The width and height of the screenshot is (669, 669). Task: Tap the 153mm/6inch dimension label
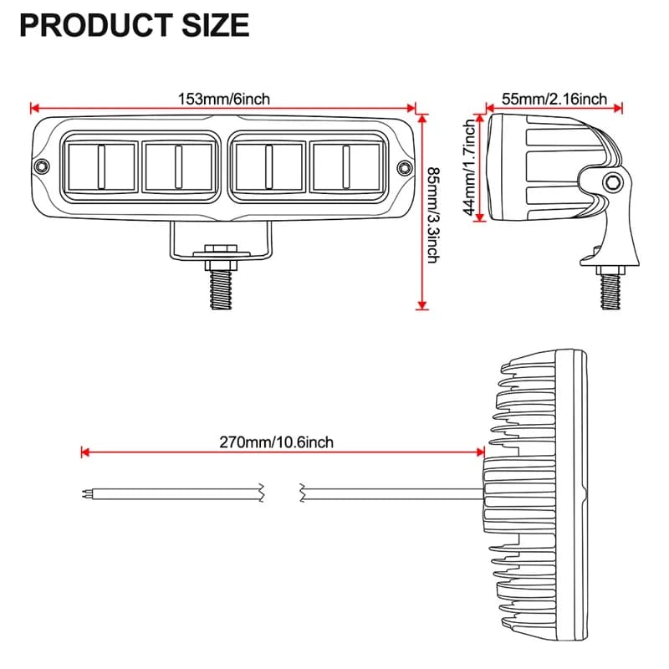(223, 99)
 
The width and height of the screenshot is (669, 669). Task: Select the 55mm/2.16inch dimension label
(554, 99)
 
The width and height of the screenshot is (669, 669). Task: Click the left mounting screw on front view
(40, 167)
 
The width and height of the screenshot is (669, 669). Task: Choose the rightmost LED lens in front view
(344, 166)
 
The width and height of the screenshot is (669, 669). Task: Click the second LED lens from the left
(177, 166)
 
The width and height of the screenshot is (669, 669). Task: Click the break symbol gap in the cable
(282, 493)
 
